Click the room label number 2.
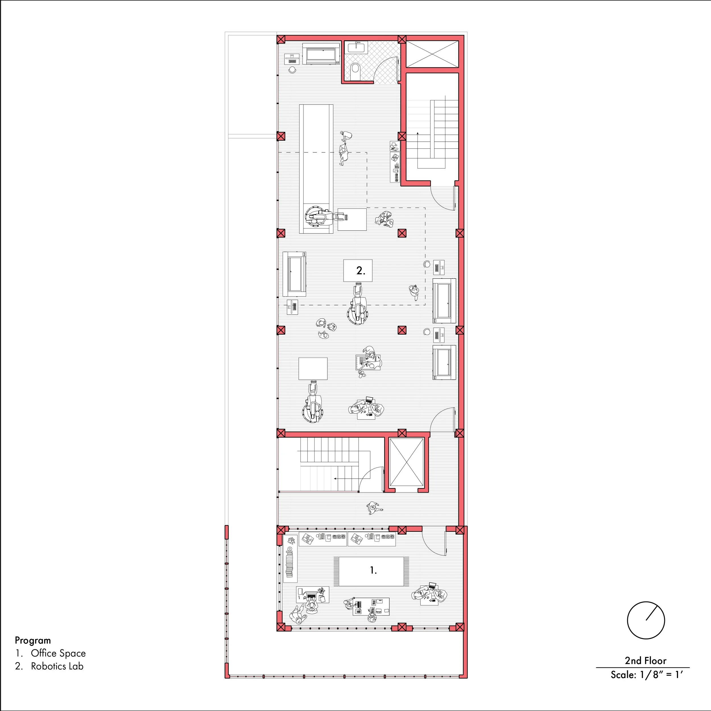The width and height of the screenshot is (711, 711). coord(360,271)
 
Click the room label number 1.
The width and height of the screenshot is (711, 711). coord(373,571)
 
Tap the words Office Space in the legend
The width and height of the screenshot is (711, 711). coord(58,653)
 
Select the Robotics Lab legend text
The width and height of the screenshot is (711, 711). coord(57,666)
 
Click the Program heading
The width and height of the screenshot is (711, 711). coord(33,640)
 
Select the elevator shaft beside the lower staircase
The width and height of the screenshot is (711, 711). coord(406,463)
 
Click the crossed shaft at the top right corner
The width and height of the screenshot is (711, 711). coord(432,54)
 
